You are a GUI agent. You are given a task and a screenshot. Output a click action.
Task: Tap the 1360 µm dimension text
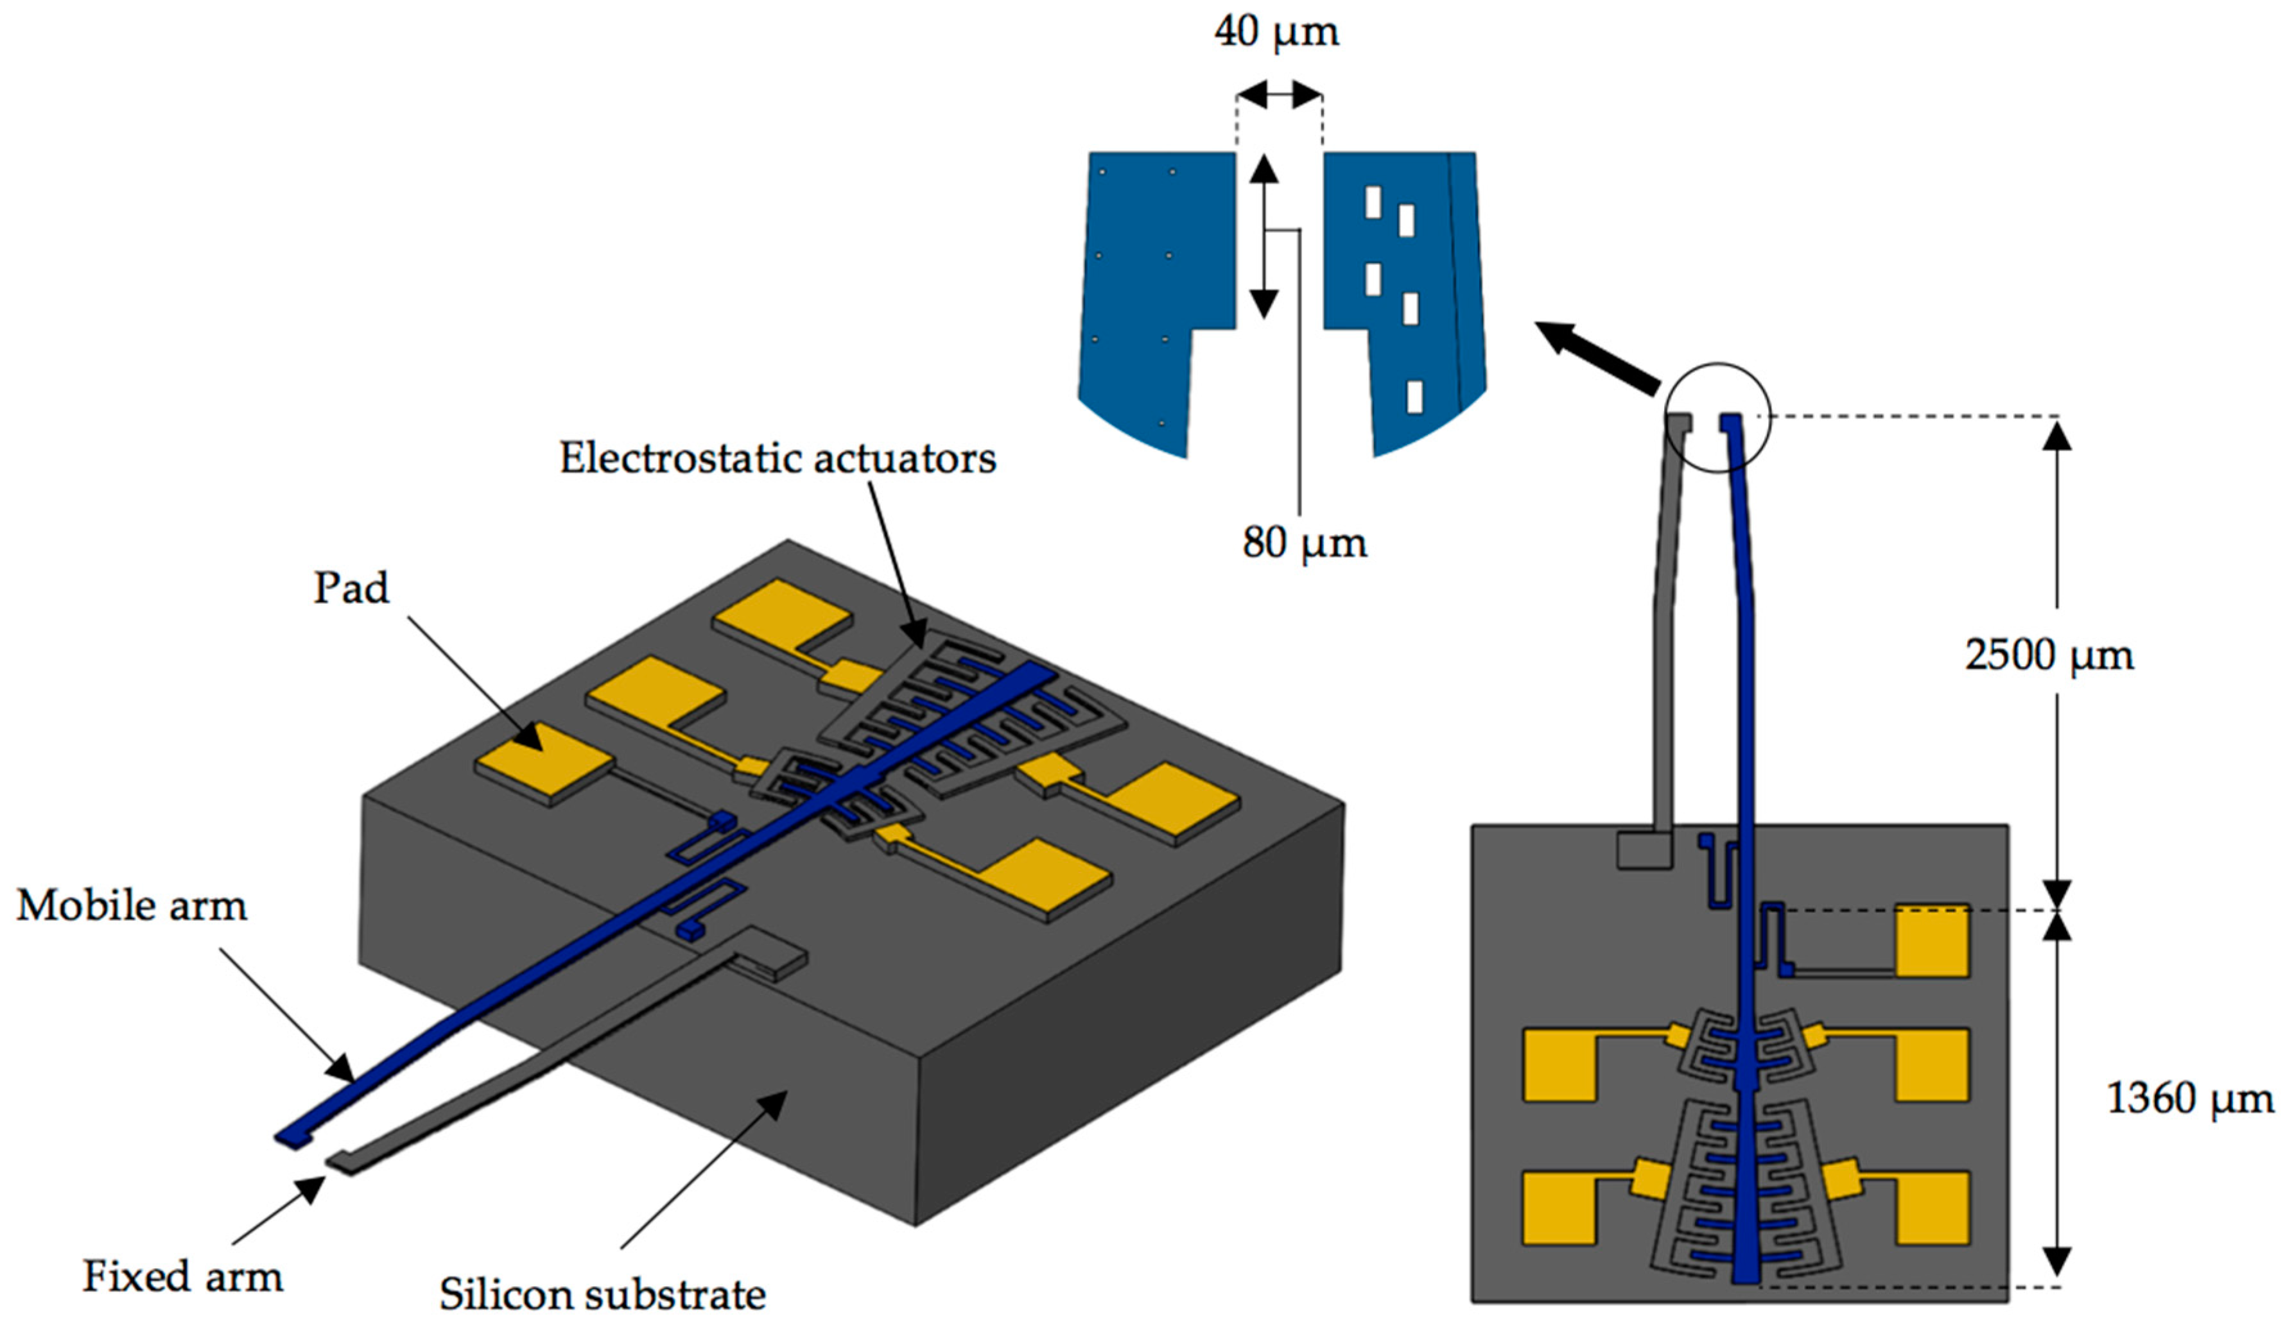tap(2188, 1099)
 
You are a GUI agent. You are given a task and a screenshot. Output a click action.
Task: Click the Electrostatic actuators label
tap(777, 458)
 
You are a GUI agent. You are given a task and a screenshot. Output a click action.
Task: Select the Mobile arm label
tap(132, 905)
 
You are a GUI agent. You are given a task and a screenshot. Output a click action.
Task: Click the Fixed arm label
tap(182, 1276)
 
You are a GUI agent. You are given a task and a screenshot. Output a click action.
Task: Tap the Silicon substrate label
tap(602, 1294)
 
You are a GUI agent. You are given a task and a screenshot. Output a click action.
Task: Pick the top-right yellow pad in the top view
tap(1931, 941)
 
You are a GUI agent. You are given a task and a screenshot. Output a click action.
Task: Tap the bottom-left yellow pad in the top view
tap(1558, 1208)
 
